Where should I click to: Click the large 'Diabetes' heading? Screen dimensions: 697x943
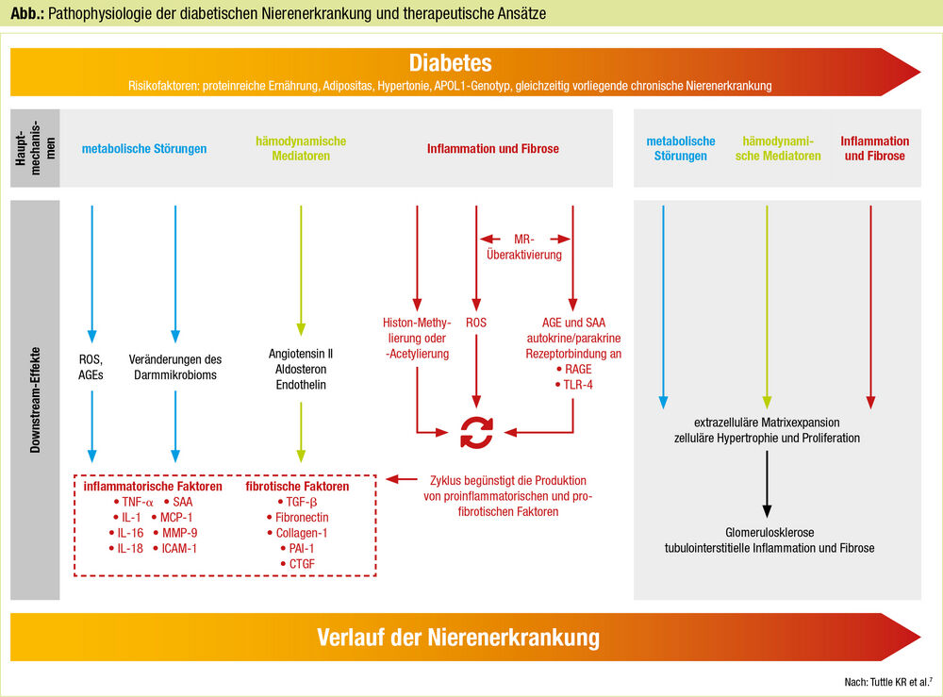450,63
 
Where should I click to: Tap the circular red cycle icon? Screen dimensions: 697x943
476,433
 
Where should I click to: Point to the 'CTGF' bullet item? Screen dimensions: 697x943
300,563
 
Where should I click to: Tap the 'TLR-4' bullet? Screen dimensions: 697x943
573,385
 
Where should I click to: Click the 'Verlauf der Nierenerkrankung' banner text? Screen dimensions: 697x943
457,637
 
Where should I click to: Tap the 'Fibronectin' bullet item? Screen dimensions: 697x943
300,518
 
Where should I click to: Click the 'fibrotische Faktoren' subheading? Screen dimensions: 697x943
297,487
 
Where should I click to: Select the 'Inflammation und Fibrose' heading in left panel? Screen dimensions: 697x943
492,149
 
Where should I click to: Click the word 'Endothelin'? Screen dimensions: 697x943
301,384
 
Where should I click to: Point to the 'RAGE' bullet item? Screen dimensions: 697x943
573,370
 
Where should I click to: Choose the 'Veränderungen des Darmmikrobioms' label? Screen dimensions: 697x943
175,366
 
